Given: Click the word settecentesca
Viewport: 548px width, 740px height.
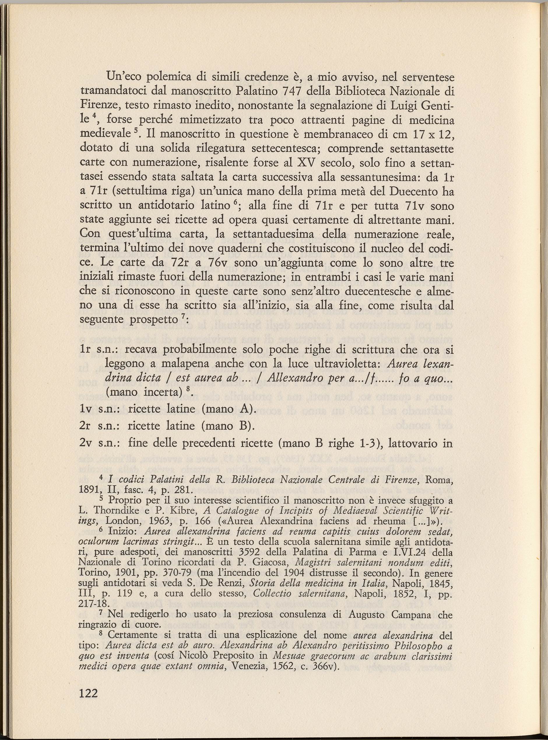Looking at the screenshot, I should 284,148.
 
